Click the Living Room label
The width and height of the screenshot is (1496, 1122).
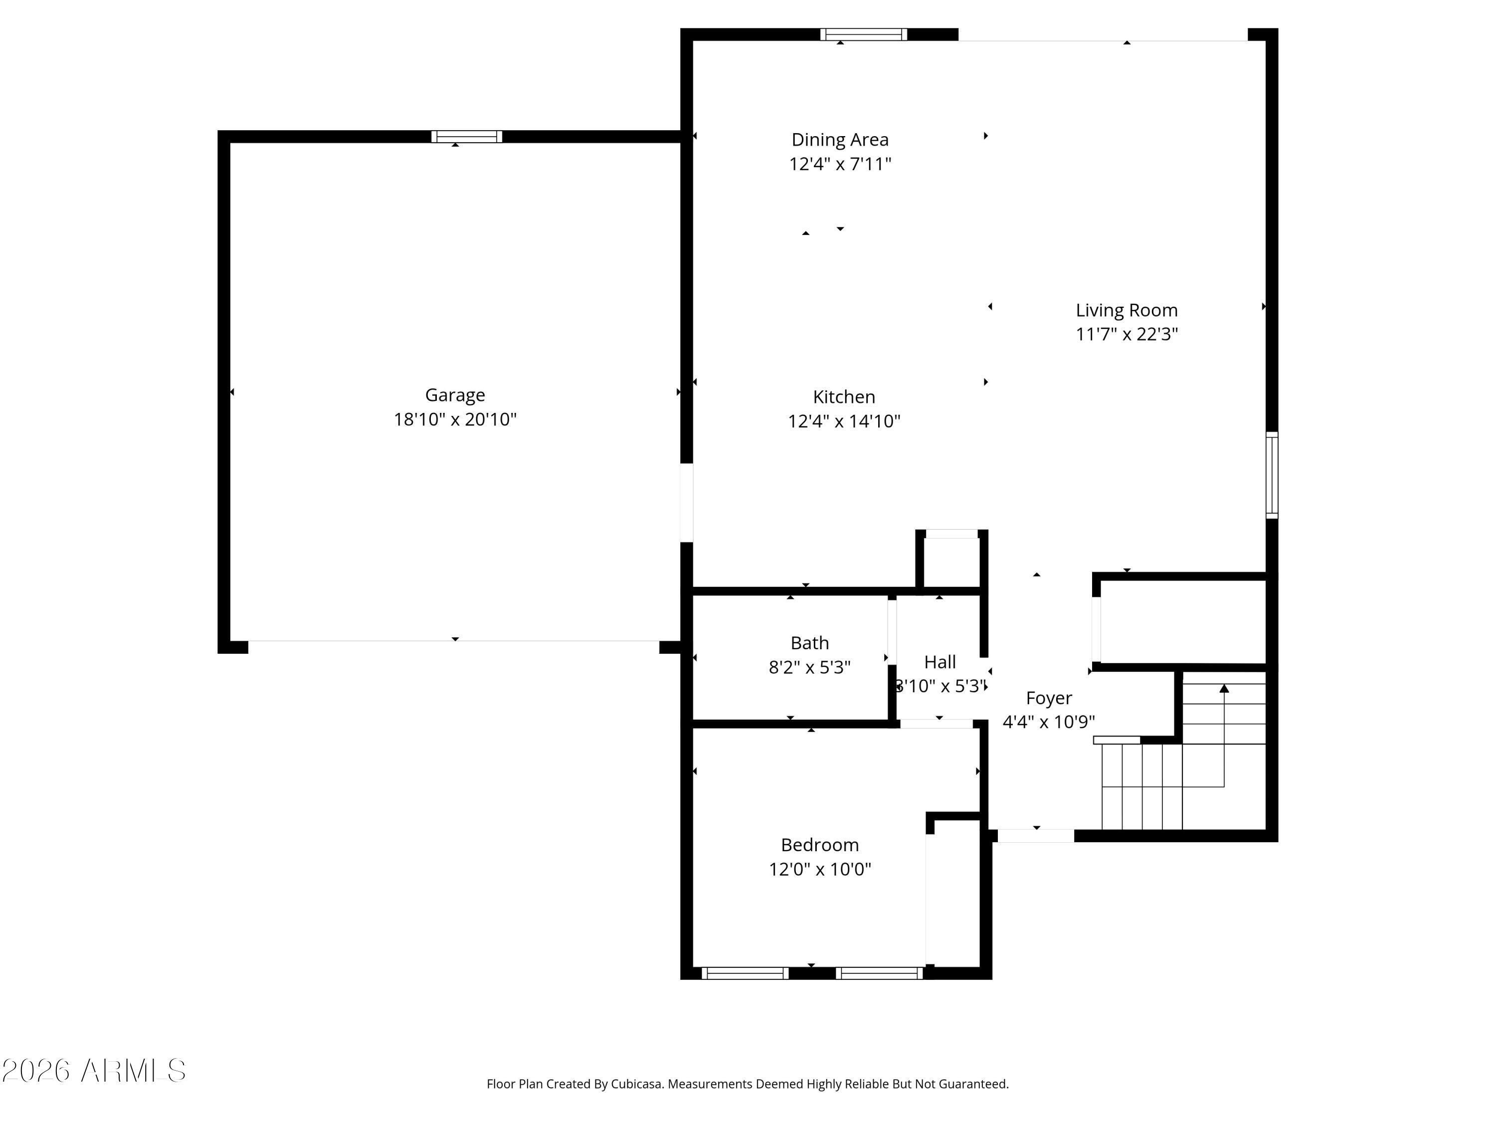click(x=1126, y=311)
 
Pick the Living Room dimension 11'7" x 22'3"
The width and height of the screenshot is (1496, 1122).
click(x=1126, y=334)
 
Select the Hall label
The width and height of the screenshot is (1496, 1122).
click(x=939, y=662)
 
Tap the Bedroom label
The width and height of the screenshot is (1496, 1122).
click(x=820, y=845)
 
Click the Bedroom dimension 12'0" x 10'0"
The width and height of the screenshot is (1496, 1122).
click(x=820, y=869)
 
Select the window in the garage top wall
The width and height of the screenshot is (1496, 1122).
click(x=467, y=137)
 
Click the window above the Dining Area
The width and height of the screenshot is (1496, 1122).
click(x=863, y=34)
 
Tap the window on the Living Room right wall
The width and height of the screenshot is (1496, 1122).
click(x=1272, y=475)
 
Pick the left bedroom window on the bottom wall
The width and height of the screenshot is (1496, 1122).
click(x=745, y=973)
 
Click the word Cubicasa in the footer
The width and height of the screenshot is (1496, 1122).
click(x=636, y=1084)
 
